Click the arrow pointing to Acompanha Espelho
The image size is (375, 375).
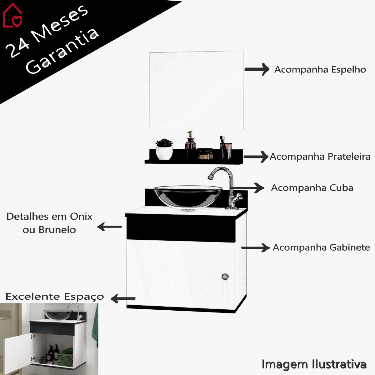click(257, 69)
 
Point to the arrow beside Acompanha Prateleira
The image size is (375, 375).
click(256, 157)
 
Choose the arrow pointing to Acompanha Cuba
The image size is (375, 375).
click(252, 187)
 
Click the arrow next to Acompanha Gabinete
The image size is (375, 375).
click(255, 247)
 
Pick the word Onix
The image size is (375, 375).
click(81, 216)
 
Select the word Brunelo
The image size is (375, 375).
click(57, 230)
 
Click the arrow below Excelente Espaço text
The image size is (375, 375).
click(123, 298)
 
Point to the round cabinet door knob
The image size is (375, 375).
click(225, 277)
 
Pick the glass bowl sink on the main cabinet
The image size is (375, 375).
click(187, 197)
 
